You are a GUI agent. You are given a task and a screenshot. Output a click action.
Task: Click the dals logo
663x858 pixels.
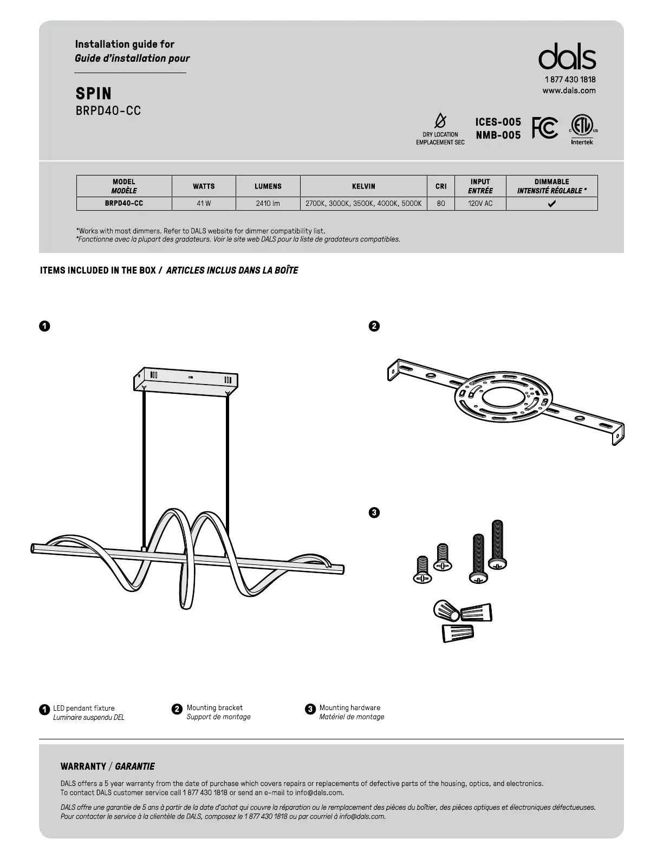pos(567,57)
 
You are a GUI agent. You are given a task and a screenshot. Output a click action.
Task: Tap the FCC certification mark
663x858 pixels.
pos(544,128)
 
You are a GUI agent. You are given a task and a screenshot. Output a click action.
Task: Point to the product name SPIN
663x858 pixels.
pos(94,94)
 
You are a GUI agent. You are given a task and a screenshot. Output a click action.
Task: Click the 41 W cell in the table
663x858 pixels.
pos(204,204)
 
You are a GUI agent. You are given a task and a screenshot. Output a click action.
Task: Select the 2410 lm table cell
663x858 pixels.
pos(268,204)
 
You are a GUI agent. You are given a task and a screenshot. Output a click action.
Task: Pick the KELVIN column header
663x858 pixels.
pos(363,186)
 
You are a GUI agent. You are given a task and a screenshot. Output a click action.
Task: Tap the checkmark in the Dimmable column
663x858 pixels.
pos(551,204)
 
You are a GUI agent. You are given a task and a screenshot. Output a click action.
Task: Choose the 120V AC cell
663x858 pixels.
pos(480,204)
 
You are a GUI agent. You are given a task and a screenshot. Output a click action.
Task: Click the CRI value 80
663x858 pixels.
pos(441,204)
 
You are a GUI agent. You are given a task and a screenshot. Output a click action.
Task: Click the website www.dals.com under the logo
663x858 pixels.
pos(569,90)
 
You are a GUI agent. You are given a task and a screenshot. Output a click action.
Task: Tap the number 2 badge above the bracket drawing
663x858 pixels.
pos(374,326)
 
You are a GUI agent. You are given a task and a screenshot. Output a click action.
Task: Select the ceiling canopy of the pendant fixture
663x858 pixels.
pos(186,379)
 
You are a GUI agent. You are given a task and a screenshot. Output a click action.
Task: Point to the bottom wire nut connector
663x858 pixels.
pos(458,632)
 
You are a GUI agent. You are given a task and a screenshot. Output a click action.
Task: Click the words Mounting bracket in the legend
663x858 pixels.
pos(214,707)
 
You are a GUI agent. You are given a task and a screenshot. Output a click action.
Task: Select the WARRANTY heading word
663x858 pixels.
pos(83,766)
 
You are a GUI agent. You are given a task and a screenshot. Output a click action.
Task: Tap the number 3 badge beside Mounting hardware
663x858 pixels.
pos(310,709)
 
